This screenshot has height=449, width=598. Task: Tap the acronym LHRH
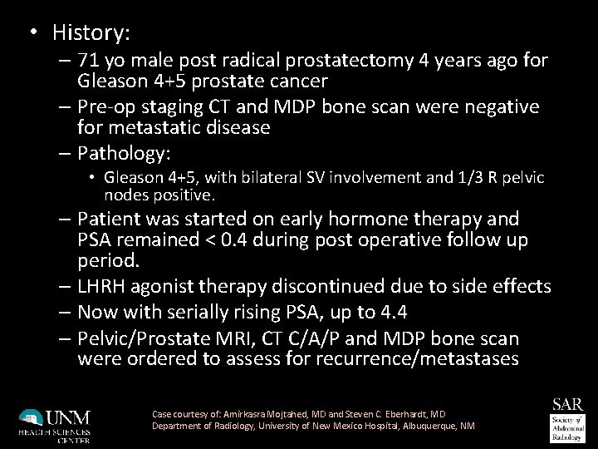104,286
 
